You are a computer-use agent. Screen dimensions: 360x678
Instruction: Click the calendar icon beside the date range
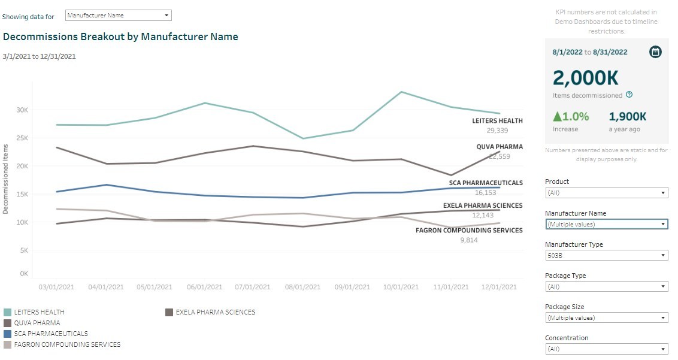[655, 52]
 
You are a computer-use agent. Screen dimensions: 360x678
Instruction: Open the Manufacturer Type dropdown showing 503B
[606, 255]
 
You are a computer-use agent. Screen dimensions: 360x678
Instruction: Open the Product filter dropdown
[606, 193]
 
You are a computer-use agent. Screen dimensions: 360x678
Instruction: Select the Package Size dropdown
[606, 318]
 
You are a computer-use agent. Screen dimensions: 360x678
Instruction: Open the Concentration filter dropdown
[606, 349]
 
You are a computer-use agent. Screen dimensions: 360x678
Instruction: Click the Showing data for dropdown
[118, 16]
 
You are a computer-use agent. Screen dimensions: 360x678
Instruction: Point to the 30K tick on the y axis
[22, 110]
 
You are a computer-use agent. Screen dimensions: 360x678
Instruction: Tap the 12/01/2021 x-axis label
[500, 288]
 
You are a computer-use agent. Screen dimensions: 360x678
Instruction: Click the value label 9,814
[469, 240]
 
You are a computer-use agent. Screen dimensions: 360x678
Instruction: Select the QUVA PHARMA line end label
[500, 147]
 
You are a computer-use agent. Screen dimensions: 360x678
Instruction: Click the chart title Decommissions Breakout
[120, 37]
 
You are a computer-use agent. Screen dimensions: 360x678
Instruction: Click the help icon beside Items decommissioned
[629, 95]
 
